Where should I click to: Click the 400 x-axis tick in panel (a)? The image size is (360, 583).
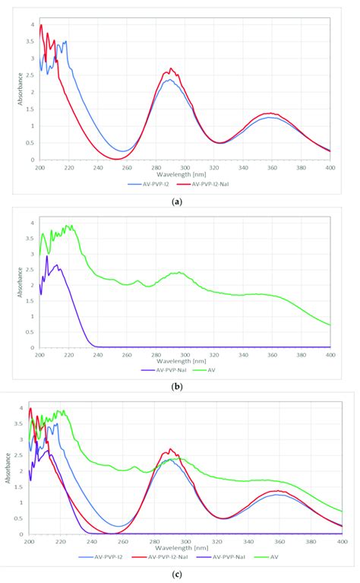click(x=330, y=167)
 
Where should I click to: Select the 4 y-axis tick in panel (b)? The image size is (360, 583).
click(x=31, y=222)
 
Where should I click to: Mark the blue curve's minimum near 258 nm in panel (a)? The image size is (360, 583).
click(x=124, y=151)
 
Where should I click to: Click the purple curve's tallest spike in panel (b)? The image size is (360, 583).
click(x=47, y=256)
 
